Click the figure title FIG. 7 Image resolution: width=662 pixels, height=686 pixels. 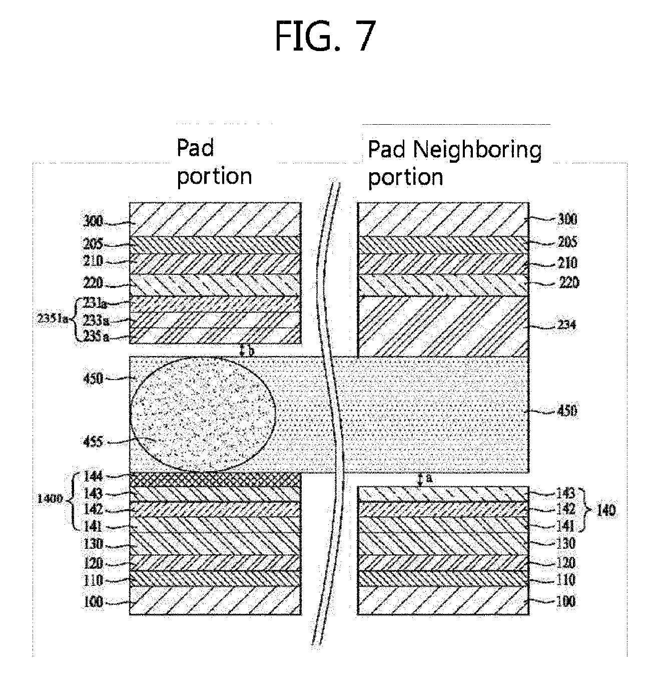(325, 37)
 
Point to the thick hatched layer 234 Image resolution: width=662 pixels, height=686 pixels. (443, 325)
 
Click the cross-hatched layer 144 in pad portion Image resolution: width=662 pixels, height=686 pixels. (215, 479)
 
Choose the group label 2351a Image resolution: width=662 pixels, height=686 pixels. (54, 319)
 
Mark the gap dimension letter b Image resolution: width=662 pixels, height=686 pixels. (251, 351)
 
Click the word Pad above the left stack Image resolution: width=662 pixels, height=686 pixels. (196, 148)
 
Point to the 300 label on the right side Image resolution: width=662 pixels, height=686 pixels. (566, 219)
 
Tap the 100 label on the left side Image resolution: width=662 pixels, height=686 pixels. (93, 601)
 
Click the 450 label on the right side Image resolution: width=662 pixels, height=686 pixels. (566, 411)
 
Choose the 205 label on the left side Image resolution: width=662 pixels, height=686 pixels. (93, 244)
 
